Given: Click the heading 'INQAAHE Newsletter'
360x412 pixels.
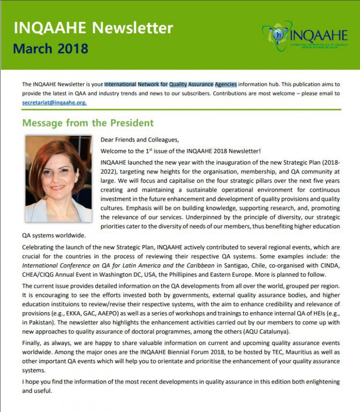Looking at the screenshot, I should tap(93, 28).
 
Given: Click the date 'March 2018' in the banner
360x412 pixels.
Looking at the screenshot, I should tap(51, 48).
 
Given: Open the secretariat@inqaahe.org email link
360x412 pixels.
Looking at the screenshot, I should tap(54, 102).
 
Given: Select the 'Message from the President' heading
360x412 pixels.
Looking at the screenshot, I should tap(88, 123).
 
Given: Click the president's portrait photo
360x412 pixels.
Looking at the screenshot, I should tap(59, 179).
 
